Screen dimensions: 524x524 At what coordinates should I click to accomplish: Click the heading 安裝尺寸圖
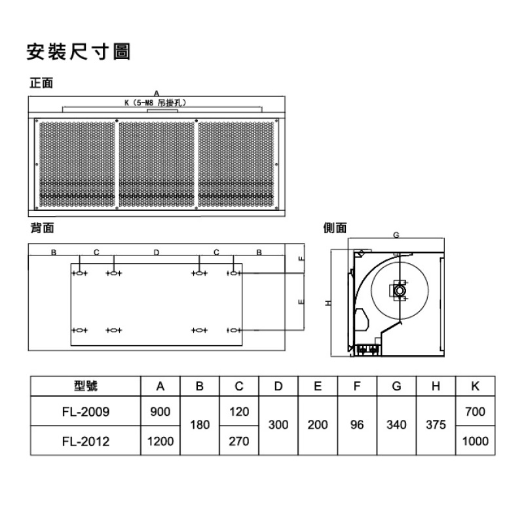point(78,52)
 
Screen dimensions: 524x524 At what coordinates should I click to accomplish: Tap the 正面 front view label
point(41,83)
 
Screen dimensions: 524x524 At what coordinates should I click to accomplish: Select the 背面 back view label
point(42,228)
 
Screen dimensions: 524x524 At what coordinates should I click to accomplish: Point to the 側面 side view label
point(335,228)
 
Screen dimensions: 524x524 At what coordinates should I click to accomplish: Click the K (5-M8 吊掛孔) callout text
point(155,103)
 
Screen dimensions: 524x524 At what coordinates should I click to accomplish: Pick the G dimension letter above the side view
point(396,235)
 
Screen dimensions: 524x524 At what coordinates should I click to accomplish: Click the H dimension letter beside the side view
point(329,303)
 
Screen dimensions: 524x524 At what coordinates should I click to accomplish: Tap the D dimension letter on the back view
point(157,252)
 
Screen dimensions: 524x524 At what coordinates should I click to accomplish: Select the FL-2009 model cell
point(86,412)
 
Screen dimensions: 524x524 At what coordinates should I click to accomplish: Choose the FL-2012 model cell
point(86,441)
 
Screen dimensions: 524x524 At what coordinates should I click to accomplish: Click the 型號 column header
point(86,386)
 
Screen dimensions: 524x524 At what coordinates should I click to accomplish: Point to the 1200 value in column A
point(160,441)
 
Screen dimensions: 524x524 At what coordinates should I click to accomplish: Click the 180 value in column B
point(200,424)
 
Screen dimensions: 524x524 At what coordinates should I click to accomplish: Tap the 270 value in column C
point(239,441)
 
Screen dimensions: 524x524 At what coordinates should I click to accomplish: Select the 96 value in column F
point(357,424)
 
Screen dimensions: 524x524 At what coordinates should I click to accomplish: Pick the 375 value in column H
point(436,424)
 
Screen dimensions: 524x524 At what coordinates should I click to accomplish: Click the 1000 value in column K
point(476,441)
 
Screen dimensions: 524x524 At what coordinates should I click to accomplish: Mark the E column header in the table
point(318,386)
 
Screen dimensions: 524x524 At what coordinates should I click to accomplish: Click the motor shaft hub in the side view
point(400,290)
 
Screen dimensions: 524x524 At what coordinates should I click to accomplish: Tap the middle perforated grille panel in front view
point(157,164)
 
